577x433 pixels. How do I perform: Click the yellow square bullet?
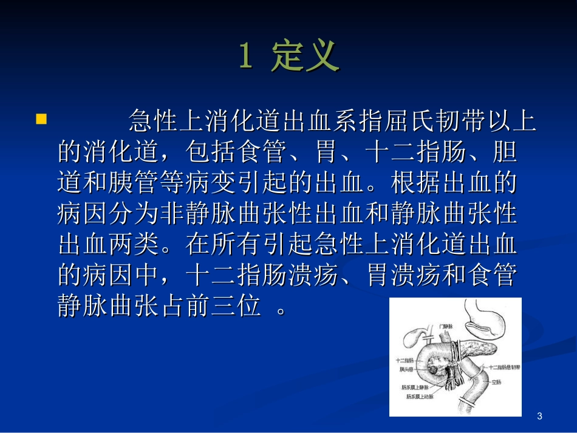coord(41,118)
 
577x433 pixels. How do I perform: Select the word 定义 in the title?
coord(306,56)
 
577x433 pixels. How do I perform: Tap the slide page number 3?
coord(539,416)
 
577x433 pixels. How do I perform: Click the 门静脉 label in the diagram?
coord(445,326)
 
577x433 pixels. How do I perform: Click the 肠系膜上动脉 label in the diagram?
coord(421,397)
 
